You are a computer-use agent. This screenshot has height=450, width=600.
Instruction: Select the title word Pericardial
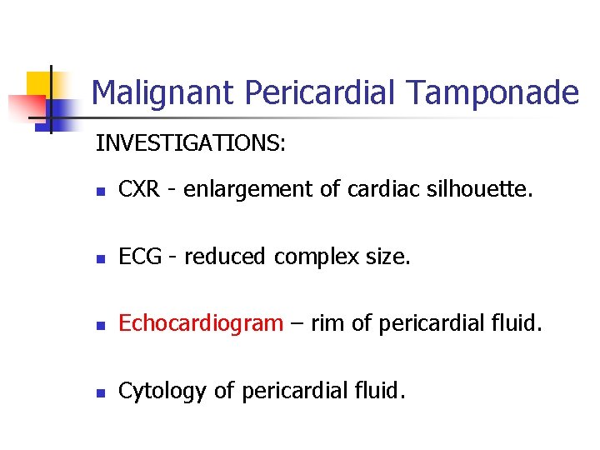point(312,92)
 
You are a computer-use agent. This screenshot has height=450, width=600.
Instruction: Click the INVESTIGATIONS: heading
point(191,143)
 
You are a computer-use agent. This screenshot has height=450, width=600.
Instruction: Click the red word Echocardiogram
point(201,324)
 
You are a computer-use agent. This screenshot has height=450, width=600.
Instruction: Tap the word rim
point(327,324)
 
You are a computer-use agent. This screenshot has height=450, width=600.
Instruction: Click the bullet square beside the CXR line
point(100,192)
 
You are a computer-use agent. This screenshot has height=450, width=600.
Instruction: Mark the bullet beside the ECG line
point(100,259)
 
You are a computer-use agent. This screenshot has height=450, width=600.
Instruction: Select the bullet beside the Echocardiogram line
point(100,326)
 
